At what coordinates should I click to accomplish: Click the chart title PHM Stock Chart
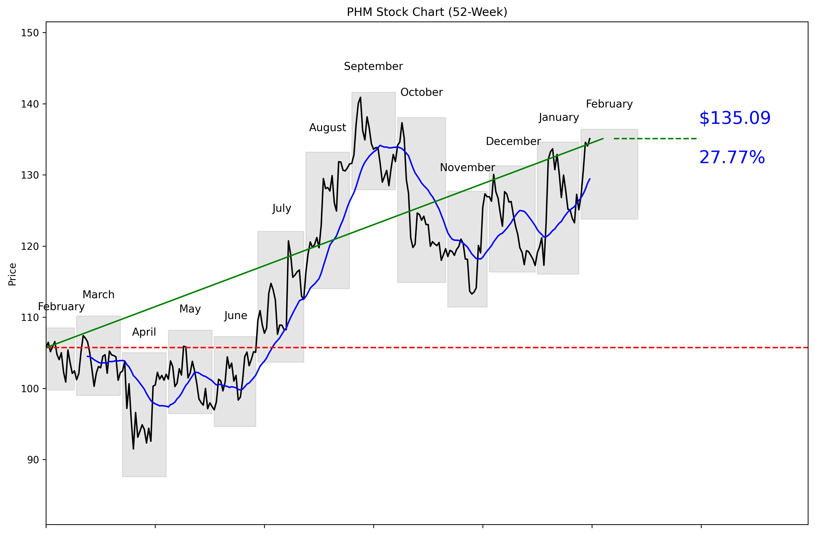pyautogui.click(x=427, y=12)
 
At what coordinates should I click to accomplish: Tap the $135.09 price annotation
pyautogui.click(x=735, y=118)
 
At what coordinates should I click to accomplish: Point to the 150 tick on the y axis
pyautogui.click(x=30, y=33)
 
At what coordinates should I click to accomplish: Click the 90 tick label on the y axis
pyautogui.click(x=33, y=460)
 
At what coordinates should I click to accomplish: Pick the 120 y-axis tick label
pyautogui.click(x=30, y=246)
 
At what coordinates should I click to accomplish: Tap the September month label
pyautogui.click(x=373, y=66)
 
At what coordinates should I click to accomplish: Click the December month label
pyautogui.click(x=513, y=141)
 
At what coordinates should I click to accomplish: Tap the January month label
pyautogui.click(x=559, y=117)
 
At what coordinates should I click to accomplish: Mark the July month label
pyautogui.click(x=281, y=208)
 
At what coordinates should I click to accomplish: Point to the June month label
pyautogui.click(x=236, y=316)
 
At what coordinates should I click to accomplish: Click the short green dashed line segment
pyautogui.click(x=656, y=139)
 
